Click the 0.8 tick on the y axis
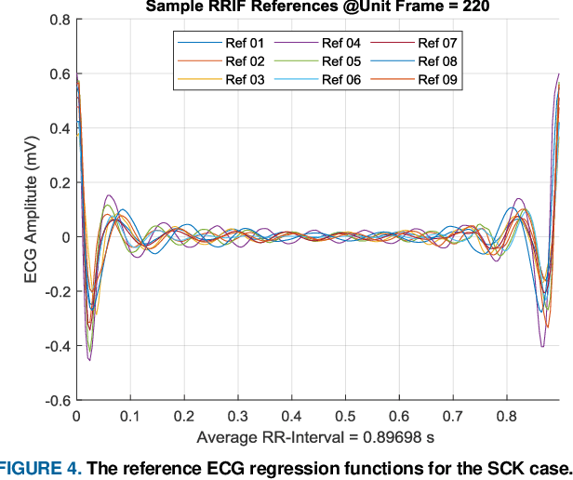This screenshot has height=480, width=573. [59, 20]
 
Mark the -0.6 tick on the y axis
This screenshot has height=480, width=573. [56, 400]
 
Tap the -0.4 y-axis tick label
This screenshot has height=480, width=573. [56, 346]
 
